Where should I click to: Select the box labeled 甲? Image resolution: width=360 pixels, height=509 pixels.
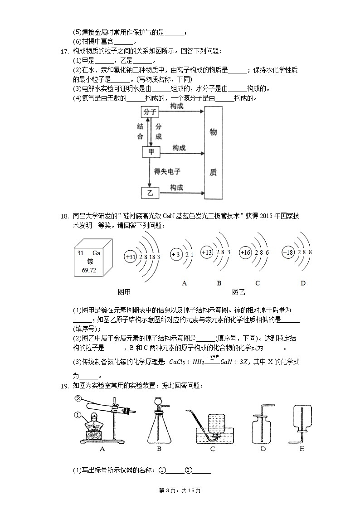click(x=151, y=152)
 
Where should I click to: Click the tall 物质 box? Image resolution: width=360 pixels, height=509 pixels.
click(x=214, y=152)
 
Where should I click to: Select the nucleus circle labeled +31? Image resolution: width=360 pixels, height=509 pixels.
click(x=131, y=257)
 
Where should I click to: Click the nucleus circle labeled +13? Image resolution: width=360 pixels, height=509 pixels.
click(x=207, y=252)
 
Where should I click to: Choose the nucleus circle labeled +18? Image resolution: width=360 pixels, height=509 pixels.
click(x=288, y=252)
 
